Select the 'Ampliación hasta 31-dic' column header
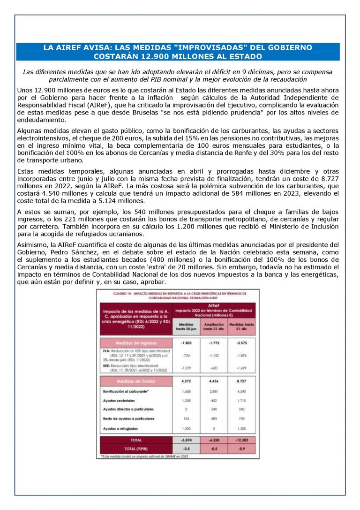(x=214, y=326)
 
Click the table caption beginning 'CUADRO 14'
(x=178, y=295)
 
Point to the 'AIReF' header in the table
(x=214, y=304)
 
